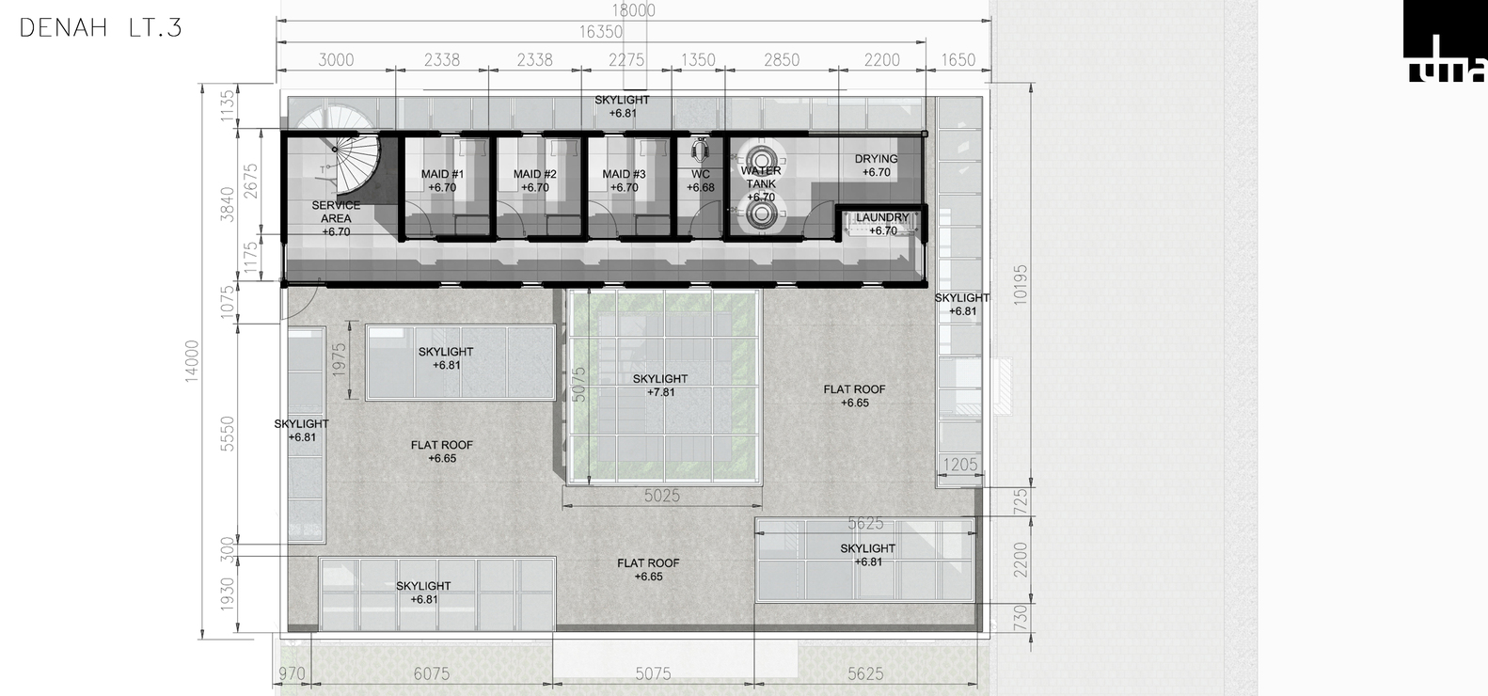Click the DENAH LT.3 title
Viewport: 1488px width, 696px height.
click(x=101, y=28)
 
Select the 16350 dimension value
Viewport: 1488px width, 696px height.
click(x=600, y=32)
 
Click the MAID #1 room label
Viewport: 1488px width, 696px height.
click(x=442, y=181)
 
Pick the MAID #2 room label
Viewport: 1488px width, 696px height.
click(x=535, y=181)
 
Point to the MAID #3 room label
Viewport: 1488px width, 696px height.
click(x=625, y=181)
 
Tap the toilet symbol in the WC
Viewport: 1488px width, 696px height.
click(x=699, y=149)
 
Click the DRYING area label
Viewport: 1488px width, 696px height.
click(x=876, y=166)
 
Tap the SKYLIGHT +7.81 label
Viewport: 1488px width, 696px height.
click(x=660, y=386)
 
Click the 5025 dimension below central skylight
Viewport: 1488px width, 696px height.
click(x=662, y=496)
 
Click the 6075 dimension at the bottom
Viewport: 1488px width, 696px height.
click(x=432, y=673)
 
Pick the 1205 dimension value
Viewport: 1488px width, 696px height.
click(x=960, y=464)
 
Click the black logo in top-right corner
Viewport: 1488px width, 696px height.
click(x=1445, y=41)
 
